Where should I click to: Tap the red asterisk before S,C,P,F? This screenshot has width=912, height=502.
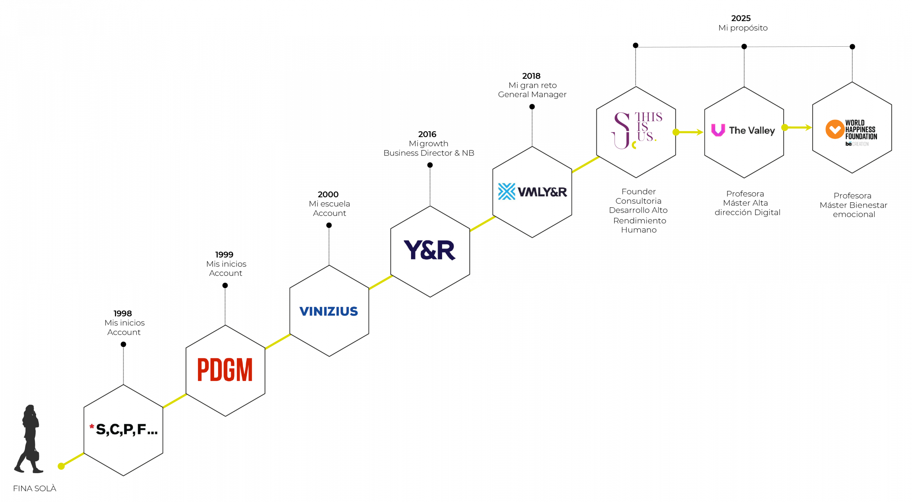(92, 427)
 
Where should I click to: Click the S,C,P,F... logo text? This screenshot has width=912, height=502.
(127, 430)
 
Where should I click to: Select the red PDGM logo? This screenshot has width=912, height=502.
(225, 370)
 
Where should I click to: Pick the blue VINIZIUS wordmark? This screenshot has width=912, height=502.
(328, 311)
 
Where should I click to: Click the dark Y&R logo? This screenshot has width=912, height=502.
(429, 250)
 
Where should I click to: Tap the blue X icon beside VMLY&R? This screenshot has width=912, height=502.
(506, 192)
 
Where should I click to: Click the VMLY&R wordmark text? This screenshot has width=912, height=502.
(542, 192)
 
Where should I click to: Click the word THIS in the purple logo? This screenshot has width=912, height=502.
(648, 117)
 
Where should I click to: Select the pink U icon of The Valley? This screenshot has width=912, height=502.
(718, 130)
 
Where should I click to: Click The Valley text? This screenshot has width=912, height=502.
(752, 131)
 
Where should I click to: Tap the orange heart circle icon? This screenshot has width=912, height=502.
(834, 129)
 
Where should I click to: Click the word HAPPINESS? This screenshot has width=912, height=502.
(860, 130)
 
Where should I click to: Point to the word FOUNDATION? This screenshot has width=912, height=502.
(861, 136)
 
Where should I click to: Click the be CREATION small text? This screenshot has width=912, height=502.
(857, 144)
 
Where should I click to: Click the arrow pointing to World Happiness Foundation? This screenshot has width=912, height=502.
(798, 127)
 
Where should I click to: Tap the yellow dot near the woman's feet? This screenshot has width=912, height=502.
(61, 466)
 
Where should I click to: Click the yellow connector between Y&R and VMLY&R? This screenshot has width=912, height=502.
(483, 224)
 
